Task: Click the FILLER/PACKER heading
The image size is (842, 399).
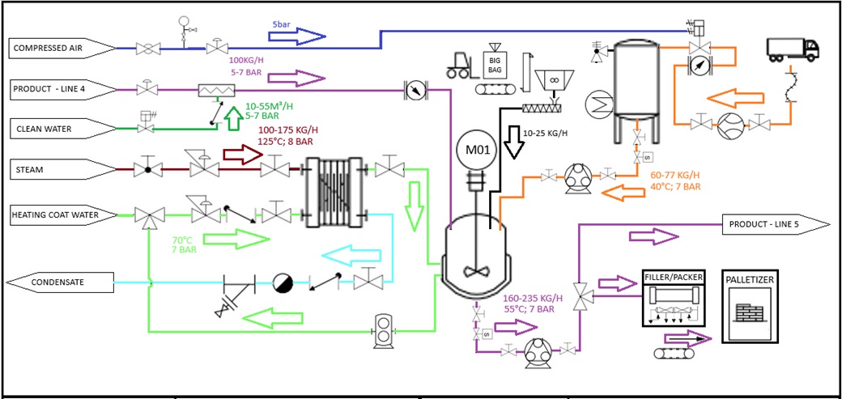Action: pyautogui.click(x=673, y=278)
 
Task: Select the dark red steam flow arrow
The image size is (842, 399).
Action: pyautogui.click(x=244, y=154)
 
